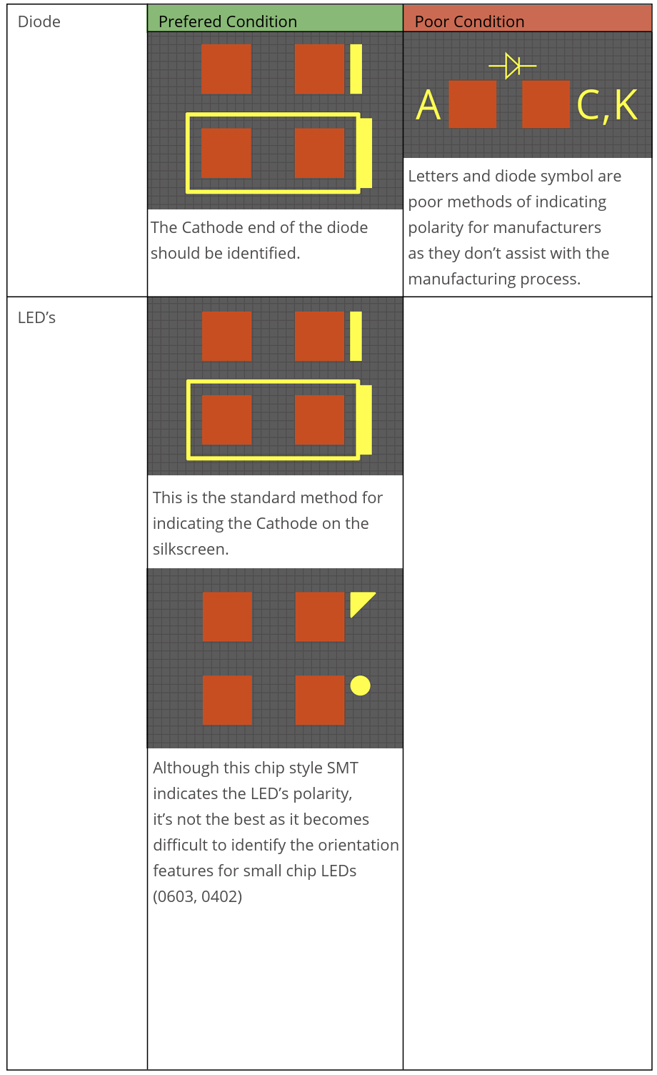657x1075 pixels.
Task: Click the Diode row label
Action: pos(39,22)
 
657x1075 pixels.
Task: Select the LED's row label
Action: pos(36,318)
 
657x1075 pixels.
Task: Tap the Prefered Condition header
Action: pos(227,22)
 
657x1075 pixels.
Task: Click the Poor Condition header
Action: pos(469,22)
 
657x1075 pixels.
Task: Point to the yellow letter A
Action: pos(428,105)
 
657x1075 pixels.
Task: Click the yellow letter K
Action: pos(626,105)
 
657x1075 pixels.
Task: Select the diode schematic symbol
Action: pos(513,66)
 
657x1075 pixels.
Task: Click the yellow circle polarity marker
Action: pos(361,685)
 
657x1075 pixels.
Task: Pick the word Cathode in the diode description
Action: pos(209,228)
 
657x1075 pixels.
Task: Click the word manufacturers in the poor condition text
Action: pos(554,228)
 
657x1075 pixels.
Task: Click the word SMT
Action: pos(342,768)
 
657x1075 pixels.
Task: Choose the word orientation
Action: pos(358,846)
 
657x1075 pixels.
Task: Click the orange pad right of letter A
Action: pos(472,104)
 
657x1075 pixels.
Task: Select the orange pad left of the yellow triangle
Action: pos(320,617)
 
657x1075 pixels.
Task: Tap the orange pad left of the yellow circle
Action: pos(320,700)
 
